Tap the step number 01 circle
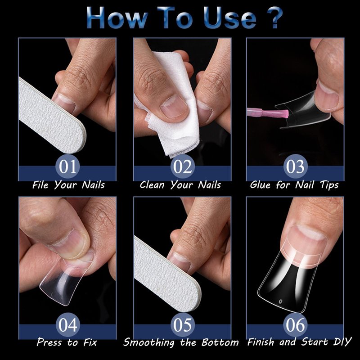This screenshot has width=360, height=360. tap(67, 166)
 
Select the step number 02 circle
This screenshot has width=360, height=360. tap(183, 166)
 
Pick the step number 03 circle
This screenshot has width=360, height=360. tap(295, 166)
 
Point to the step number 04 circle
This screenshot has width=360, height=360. tap(67, 325)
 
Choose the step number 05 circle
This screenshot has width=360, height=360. tap(183, 325)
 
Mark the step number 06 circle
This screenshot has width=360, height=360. tap(295, 325)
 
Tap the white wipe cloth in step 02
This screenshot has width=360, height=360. tap(175, 108)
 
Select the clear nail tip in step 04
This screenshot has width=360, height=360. tap(65, 279)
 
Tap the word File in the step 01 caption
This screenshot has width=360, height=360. tap(40, 185)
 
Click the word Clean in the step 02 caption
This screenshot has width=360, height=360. tap(152, 185)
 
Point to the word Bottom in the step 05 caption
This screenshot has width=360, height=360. tap(220, 342)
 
